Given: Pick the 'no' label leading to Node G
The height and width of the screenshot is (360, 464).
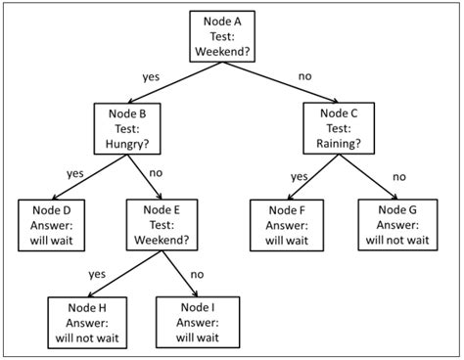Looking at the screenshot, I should click(398, 176).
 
